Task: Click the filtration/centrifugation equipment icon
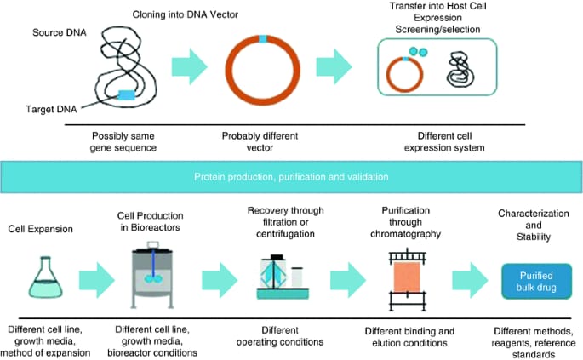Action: click(x=280, y=278)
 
